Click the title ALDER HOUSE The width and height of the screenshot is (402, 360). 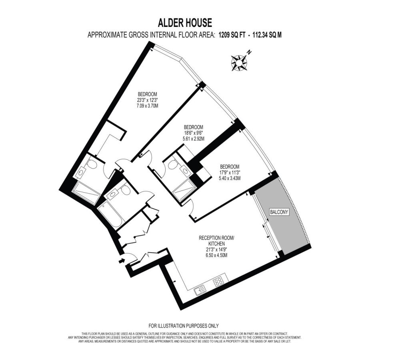185,23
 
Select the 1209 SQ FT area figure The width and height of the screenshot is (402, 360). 232,35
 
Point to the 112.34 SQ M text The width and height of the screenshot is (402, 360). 267,35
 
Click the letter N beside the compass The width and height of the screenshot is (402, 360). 249,52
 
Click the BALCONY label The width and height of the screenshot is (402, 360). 279,212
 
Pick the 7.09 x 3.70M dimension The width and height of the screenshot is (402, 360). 147,105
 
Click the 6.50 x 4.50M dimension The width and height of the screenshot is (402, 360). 216,255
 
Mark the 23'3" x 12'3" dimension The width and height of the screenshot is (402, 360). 147,100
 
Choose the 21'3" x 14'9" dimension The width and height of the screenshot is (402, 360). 216,249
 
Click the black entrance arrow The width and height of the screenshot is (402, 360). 122,261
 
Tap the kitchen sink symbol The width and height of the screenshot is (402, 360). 200,290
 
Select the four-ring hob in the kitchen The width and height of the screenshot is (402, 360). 219,282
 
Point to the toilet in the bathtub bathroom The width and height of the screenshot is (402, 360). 125,190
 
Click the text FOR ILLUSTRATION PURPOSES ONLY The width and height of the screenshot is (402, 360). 184,326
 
